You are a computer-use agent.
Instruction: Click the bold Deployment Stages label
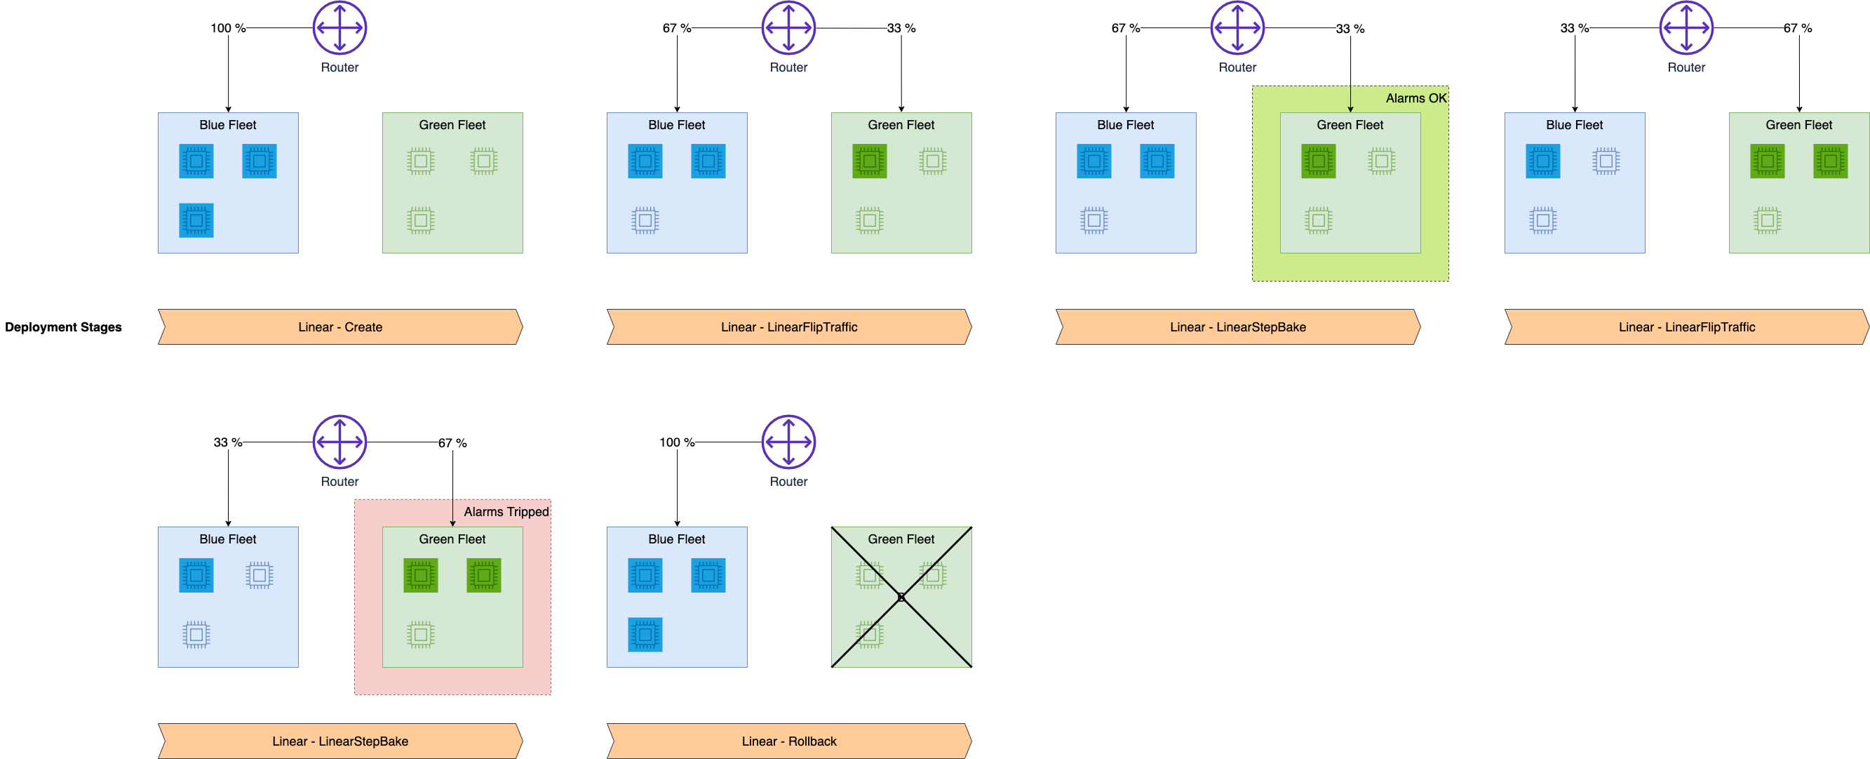[63, 327]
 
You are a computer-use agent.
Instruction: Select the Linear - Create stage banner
[339, 327]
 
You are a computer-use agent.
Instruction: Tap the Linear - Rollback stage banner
[788, 741]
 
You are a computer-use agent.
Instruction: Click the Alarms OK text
[1415, 98]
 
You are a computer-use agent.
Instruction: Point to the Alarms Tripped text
[506, 512]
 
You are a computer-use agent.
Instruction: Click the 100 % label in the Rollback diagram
[676, 442]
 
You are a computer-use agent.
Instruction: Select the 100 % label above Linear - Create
[227, 28]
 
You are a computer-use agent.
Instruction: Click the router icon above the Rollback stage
[788, 442]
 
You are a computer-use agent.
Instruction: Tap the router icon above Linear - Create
[339, 27]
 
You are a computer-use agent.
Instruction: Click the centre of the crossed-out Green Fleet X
[901, 597]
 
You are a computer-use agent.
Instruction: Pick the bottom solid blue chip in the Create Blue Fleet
[196, 220]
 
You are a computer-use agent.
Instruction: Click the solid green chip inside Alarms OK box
[1318, 161]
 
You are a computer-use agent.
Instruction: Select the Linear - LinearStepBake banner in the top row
[1237, 327]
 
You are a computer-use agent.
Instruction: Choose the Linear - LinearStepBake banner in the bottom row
[339, 741]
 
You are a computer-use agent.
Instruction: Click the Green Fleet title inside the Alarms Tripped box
[452, 539]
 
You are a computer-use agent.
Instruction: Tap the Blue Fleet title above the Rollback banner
[676, 539]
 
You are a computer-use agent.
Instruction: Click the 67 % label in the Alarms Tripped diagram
[452, 443]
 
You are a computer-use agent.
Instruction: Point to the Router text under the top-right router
[1686, 67]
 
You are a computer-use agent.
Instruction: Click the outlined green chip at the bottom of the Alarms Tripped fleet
[420, 635]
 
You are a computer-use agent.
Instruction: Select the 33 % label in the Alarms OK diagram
[1350, 29]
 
